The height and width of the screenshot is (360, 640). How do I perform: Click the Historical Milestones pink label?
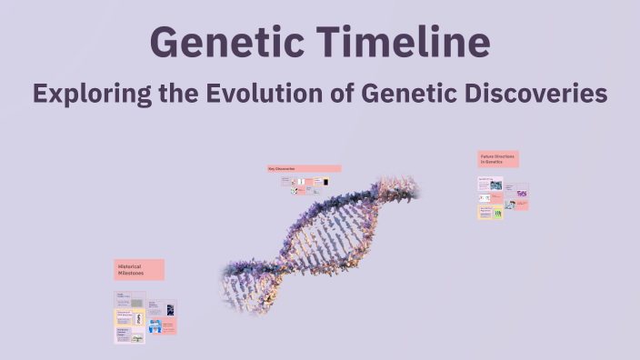pyautogui.click(x=139, y=269)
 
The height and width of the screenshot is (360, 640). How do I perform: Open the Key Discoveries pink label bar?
pyautogui.click(x=304, y=168)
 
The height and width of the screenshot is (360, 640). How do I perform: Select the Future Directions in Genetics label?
pyautogui.click(x=498, y=159)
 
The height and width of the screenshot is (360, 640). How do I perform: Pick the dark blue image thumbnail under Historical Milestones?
pyautogui.click(x=170, y=309)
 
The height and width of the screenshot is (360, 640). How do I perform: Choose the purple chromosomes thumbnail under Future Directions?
pyautogui.click(x=522, y=193)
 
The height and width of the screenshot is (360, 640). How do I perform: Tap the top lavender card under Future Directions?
pyautogui.click(x=490, y=184)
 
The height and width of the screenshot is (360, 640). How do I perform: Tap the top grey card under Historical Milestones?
pyautogui.click(x=129, y=299)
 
